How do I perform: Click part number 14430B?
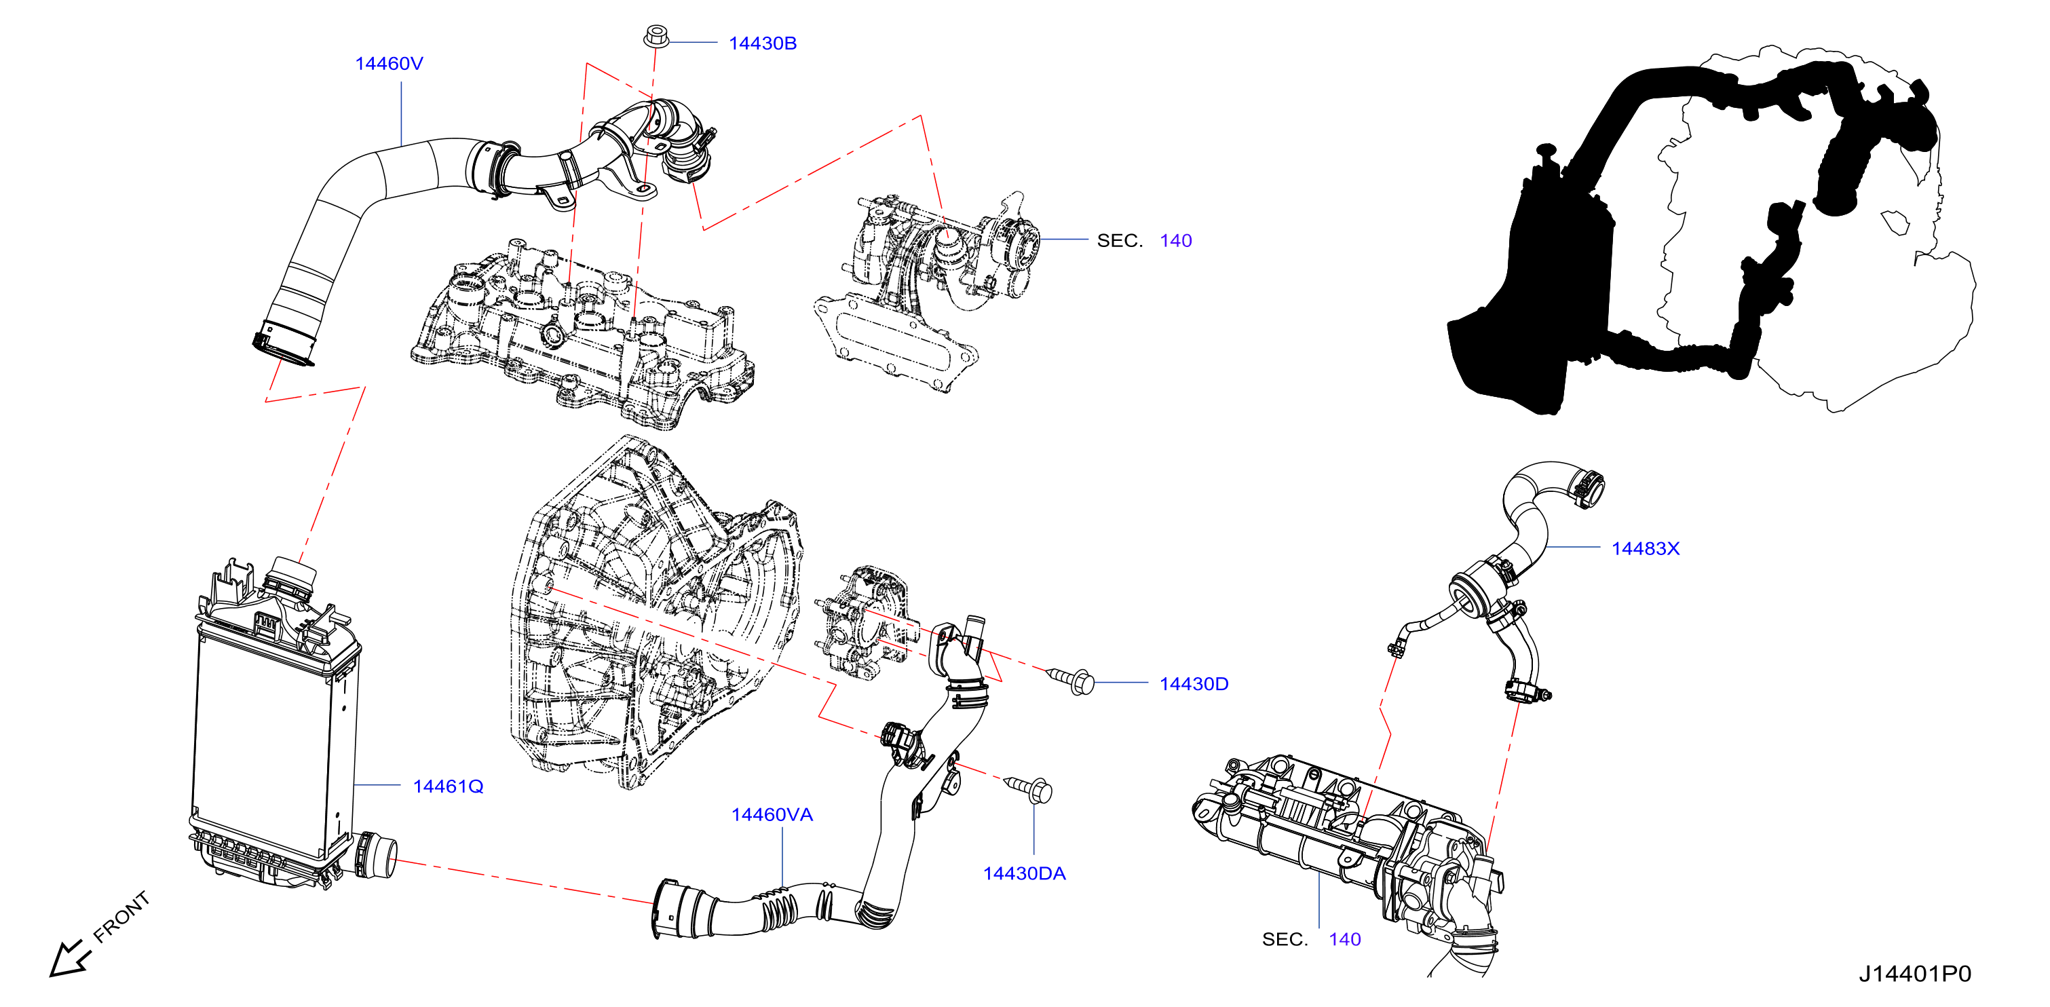(761, 43)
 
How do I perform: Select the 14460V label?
(388, 64)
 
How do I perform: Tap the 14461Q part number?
(448, 786)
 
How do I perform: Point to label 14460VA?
(772, 814)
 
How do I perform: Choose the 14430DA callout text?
(1024, 873)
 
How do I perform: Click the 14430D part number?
(1194, 684)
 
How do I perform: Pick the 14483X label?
(1645, 548)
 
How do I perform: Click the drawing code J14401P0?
(1915, 974)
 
